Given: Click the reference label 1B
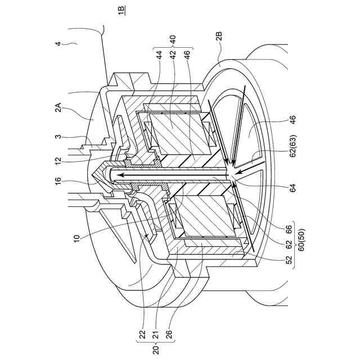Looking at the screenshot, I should (x=123, y=10).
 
